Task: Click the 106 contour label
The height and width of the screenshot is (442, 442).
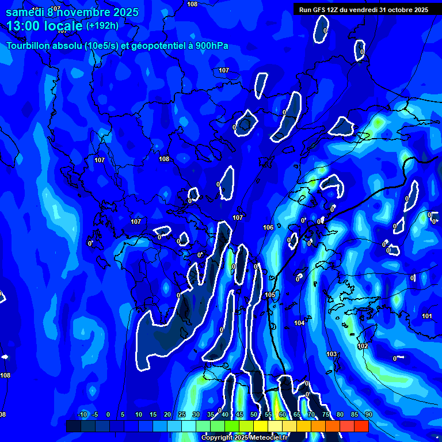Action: tap(268, 228)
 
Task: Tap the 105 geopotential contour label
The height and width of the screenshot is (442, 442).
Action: tap(270, 295)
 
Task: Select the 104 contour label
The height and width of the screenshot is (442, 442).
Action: tap(299, 323)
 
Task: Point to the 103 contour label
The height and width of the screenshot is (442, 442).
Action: tap(331, 354)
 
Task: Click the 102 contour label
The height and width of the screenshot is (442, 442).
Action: tap(363, 346)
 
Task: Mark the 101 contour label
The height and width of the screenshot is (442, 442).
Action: tap(426, 316)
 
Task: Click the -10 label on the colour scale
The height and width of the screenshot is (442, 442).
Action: tap(82, 415)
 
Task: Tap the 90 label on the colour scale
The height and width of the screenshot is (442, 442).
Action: tap(368, 415)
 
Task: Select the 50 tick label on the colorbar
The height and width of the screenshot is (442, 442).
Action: tap(254, 415)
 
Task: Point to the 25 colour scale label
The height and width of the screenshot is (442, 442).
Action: tap(182, 415)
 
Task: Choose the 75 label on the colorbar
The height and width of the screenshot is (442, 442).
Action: tap(326, 415)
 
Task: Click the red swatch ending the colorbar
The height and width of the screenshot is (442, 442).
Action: tap(361, 426)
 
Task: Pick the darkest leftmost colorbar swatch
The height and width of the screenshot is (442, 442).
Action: tap(73, 426)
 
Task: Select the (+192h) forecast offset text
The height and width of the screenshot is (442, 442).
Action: tap(102, 26)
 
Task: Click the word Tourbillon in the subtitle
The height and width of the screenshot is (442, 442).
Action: tap(29, 46)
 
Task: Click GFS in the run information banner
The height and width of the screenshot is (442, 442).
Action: tap(319, 10)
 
